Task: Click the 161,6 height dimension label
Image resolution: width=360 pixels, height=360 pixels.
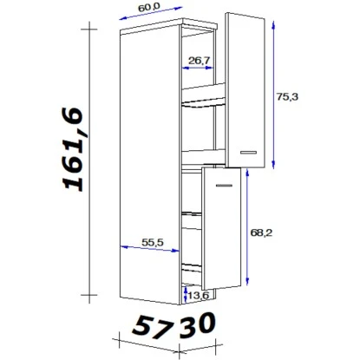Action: coord(73,149)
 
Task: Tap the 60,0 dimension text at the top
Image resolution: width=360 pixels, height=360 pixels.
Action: coord(149,7)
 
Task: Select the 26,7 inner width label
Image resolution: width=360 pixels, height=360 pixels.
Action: coord(199,61)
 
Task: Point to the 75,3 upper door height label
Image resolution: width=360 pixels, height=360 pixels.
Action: coord(287,96)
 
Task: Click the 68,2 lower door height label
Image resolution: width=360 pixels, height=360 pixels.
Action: coord(261,232)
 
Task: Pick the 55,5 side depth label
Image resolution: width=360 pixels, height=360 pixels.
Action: coord(153,242)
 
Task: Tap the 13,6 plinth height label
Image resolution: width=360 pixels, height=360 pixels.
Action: coord(198,296)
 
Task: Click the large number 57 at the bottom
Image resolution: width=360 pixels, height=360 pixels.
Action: coord(151,328)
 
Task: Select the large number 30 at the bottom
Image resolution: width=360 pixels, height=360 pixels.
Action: coord(198,324)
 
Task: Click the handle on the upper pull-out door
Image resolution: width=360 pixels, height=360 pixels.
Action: coord(248,153)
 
